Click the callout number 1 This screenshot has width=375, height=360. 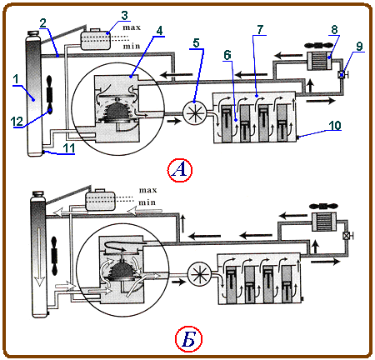(x=17, y=79)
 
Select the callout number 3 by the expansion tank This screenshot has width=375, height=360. (x=125, y=15)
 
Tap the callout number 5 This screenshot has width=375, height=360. (x=197, y=43)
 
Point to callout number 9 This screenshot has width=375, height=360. (x=359, y=46)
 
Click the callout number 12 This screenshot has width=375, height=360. (x=17, y=122)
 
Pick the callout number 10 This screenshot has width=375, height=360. (x=335, y=125)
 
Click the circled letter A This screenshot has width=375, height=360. (x=180, y=169)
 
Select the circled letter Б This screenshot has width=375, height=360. (x=188, y=339)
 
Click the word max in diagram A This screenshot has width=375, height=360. (x=132, y=27)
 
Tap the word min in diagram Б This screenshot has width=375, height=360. (x=147, y=202)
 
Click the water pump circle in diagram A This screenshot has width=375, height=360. (x=195, y=113)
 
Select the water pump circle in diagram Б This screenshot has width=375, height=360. (x=200, y=274)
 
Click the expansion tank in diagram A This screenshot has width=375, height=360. (x=96, y=39)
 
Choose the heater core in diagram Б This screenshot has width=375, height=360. (x=323, y=222)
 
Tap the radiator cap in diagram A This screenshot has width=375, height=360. (x=33, y=33)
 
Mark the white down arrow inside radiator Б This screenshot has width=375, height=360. (x=40, y=257)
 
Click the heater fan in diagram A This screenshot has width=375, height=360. (x=318, y=45)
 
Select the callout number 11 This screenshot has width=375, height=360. (x=69, y=148)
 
